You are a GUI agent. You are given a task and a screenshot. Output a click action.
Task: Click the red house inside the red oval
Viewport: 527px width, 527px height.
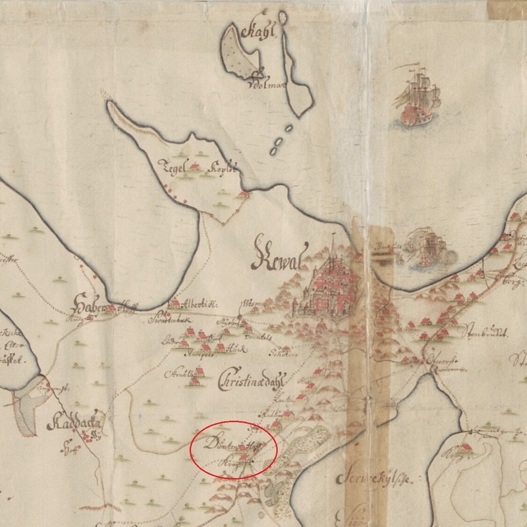(x=244, y=449)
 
